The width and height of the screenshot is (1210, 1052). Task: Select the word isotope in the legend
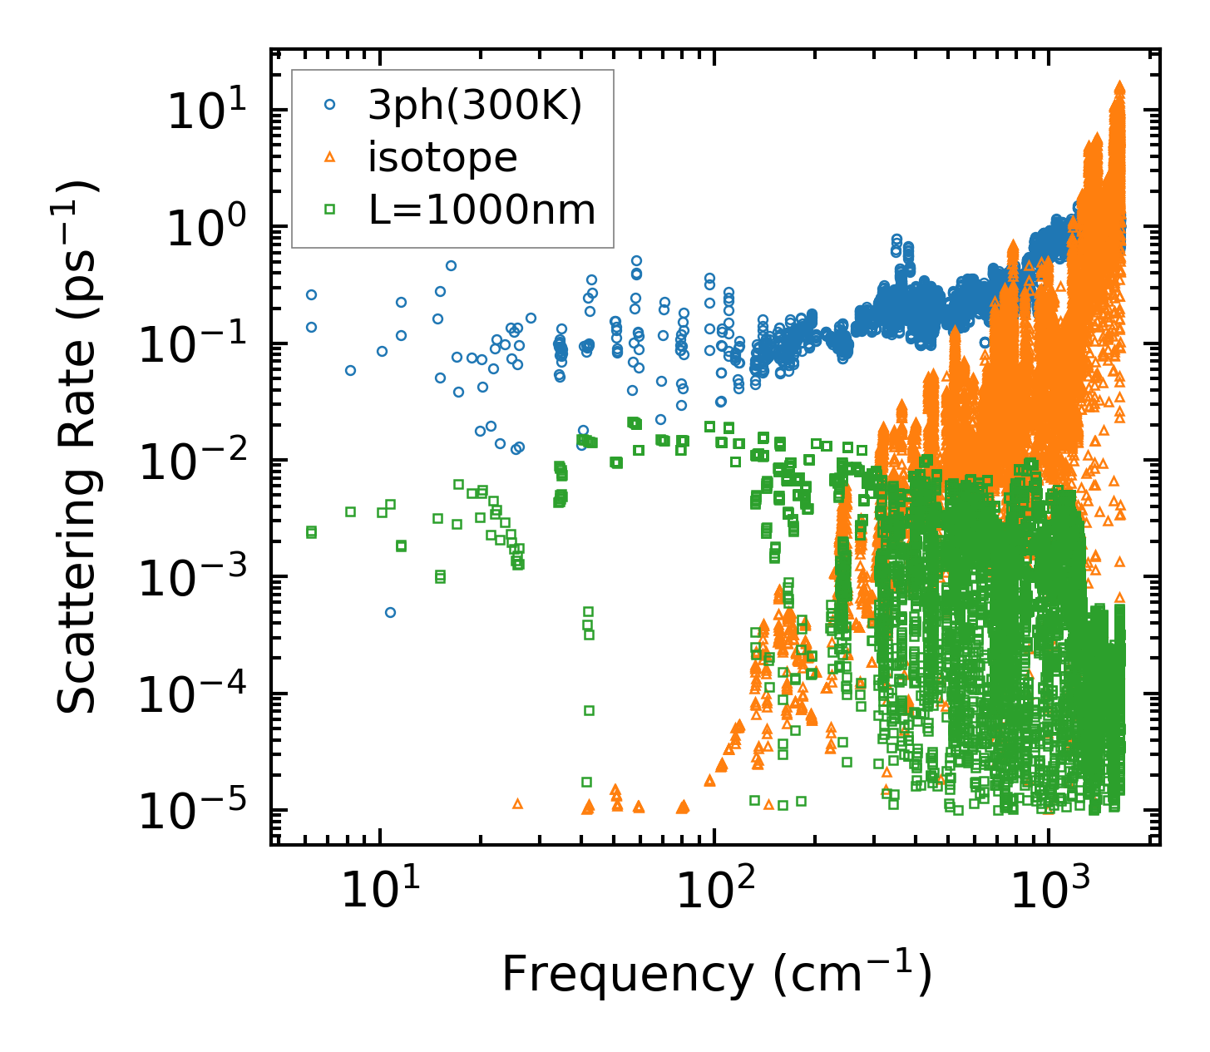[442, 157]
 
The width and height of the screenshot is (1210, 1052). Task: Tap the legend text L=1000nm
[482, 210]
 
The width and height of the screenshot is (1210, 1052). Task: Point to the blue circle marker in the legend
[329, 105]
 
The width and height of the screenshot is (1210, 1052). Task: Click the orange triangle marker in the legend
[329, 156]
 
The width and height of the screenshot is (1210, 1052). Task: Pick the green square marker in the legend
[329, 210]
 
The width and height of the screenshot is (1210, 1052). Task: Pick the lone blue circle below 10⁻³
[390, 612]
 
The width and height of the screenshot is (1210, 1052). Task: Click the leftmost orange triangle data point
[517, 803]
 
